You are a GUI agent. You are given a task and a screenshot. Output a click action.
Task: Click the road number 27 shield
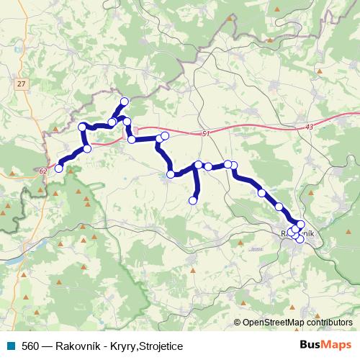click(x=21, y=84)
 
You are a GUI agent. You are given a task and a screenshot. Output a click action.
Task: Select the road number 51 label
click(x=206, y=133)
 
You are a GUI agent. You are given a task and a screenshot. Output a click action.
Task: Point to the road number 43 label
click(x=309, y=127)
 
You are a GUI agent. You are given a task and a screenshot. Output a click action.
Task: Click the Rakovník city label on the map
click(x=297, y=233)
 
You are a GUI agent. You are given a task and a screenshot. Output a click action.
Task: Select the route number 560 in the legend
click(x=30, y=346)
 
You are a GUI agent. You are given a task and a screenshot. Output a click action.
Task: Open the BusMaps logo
click(x=325, y=345)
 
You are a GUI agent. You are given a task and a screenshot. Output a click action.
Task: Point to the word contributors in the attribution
click(x=330, y=322)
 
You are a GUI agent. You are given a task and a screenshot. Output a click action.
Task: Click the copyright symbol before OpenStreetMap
click(x=238, y=322)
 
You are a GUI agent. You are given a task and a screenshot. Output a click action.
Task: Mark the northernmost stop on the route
click(x=125, y=102)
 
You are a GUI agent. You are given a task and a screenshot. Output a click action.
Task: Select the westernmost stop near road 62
click(x=59, y=168)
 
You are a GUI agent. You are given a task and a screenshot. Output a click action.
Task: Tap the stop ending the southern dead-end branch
click(x=193, y=200)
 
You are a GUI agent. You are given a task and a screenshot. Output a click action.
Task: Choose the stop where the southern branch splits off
click(x=198, y=165)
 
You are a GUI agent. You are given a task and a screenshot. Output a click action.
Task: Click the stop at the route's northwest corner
click(x=83, y=127)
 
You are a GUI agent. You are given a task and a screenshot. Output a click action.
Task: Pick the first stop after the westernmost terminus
click(x=87, y=149)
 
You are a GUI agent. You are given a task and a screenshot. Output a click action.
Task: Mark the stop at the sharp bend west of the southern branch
click(x=171, y=174)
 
